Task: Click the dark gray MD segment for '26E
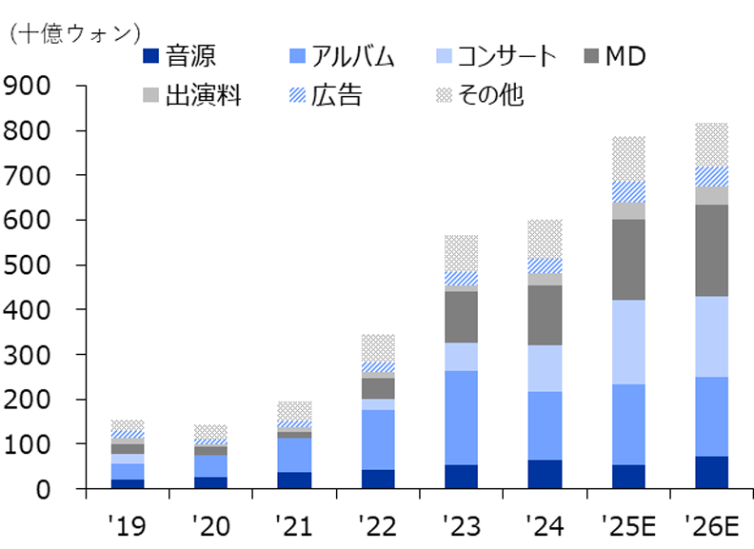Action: [711, 250]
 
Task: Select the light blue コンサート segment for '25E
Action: [628, 342]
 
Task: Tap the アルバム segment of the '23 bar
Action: [461, 417]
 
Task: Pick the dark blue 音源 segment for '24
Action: [545, 474]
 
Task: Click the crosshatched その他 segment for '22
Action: [378, 347]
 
